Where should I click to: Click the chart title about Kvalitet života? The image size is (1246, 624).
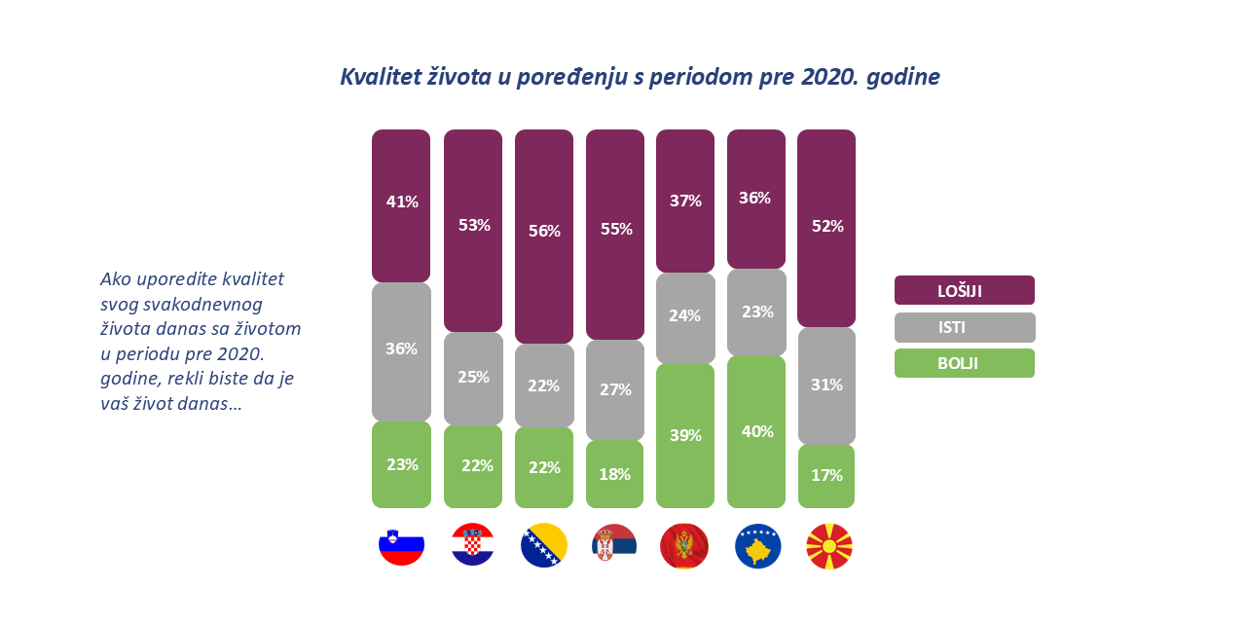pos(640,77)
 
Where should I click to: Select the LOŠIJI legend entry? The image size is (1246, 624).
pos(964,290)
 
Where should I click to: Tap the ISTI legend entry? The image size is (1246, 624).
pos(964,327)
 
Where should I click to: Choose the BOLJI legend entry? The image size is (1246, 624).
pos(964,363)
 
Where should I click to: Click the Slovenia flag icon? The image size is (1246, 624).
pos(401,545)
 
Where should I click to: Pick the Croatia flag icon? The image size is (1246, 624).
pos(472,545)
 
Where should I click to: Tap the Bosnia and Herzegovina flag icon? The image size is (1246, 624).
pos(544,545)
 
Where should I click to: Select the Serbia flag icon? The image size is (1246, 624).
pos(614,545)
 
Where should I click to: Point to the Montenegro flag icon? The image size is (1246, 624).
pos(684,545)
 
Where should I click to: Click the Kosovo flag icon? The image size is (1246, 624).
pos(757,545)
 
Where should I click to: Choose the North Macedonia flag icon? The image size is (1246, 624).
pos(828,545)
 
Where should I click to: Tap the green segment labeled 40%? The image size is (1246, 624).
pos(756,431)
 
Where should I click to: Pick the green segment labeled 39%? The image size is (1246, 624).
pos(685,435)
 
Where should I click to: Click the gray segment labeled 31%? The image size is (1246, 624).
pos(826,385)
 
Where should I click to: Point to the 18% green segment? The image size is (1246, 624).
pos(615,474)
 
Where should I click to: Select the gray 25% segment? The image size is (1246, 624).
pos(473,378)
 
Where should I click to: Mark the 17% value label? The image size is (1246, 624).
pos(826,476)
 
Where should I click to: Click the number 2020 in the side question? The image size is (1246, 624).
pos(240,353)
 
